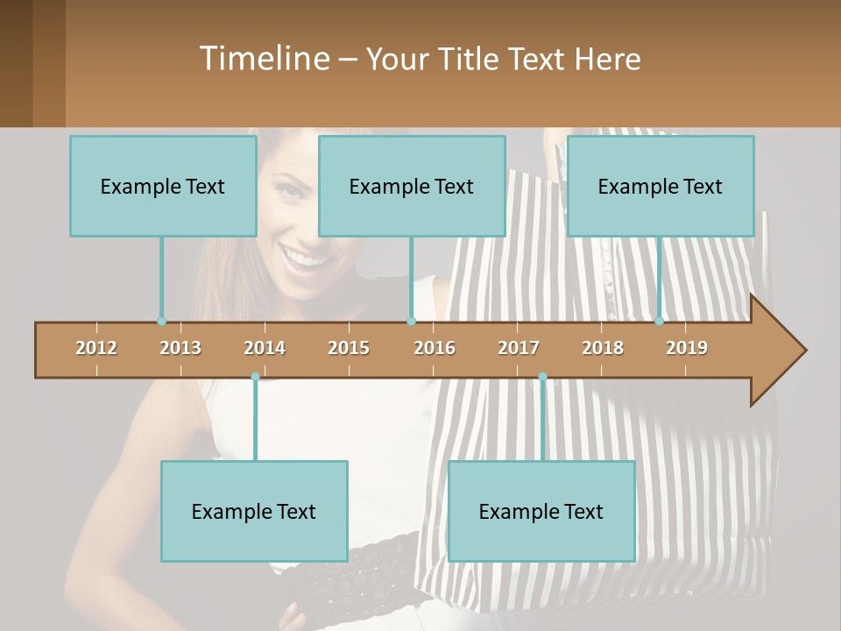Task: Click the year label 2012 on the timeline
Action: pos(96,348)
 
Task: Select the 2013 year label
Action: pos(180,348)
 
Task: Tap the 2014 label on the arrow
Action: pos(265,348)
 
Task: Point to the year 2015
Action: pos(349,348)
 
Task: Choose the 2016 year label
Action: pos(435,348)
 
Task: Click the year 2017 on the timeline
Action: pos(519,348)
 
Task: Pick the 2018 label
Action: pos(603,348)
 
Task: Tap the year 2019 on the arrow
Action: pos(687,348)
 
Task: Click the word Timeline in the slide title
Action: pos(263,59)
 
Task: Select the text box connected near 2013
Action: pos(163,186)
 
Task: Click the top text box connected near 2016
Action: pos(412,186)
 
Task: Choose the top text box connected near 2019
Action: pos(661,186)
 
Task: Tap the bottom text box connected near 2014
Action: pos(254,511)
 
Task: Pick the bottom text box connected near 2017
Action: pos(541,511)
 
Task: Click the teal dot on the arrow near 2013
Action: pos(161,322)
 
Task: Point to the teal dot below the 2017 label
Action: pos(542,377)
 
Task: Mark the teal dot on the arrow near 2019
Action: pos(660,322)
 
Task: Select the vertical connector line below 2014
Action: pos(255,421)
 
